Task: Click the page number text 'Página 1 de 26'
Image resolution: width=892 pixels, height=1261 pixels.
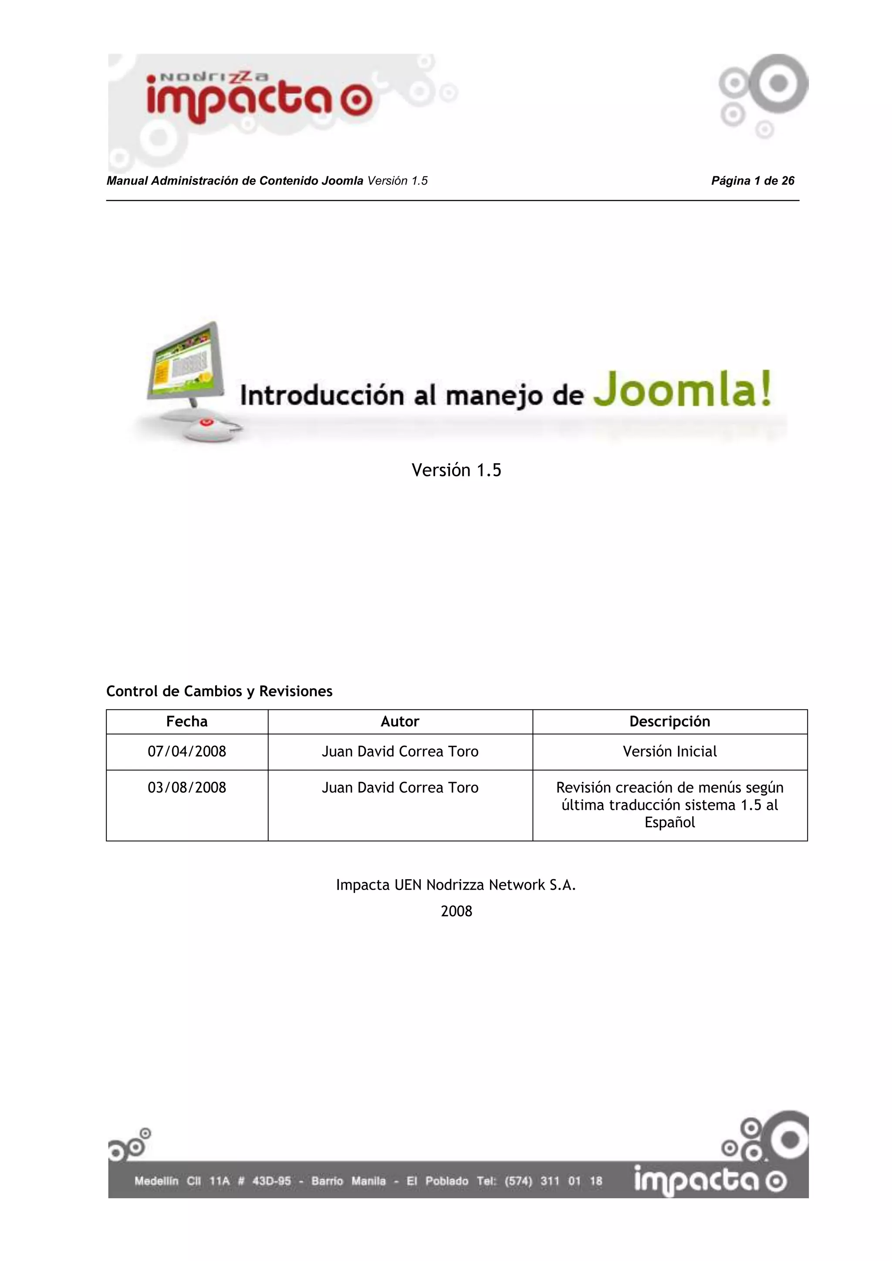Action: [753, 181]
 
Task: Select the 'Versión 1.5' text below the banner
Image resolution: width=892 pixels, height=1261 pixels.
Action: [456, 470]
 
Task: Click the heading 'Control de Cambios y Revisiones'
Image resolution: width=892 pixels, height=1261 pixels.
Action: [219, 691]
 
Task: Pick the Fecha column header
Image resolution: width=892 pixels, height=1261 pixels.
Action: [187, 722]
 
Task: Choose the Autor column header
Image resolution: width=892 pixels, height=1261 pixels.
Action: [400, 722]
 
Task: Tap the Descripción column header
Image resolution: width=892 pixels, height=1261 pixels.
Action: [669, 722]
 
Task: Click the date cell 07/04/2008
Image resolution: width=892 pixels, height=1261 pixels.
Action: [187, 751]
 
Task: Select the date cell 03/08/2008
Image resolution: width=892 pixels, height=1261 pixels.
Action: [187, 788]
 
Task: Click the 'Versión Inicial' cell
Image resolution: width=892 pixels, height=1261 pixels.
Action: [669, 751]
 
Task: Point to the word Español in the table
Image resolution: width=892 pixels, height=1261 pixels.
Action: [669, 823]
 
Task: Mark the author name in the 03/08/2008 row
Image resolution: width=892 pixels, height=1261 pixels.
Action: [400, 788]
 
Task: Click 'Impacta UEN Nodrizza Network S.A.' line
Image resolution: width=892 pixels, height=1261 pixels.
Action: [456, 885]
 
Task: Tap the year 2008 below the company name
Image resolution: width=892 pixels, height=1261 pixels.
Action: [456, 911]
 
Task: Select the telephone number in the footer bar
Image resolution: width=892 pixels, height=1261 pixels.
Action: [556, 1181]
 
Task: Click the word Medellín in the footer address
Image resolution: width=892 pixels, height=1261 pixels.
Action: [156, 1181]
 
